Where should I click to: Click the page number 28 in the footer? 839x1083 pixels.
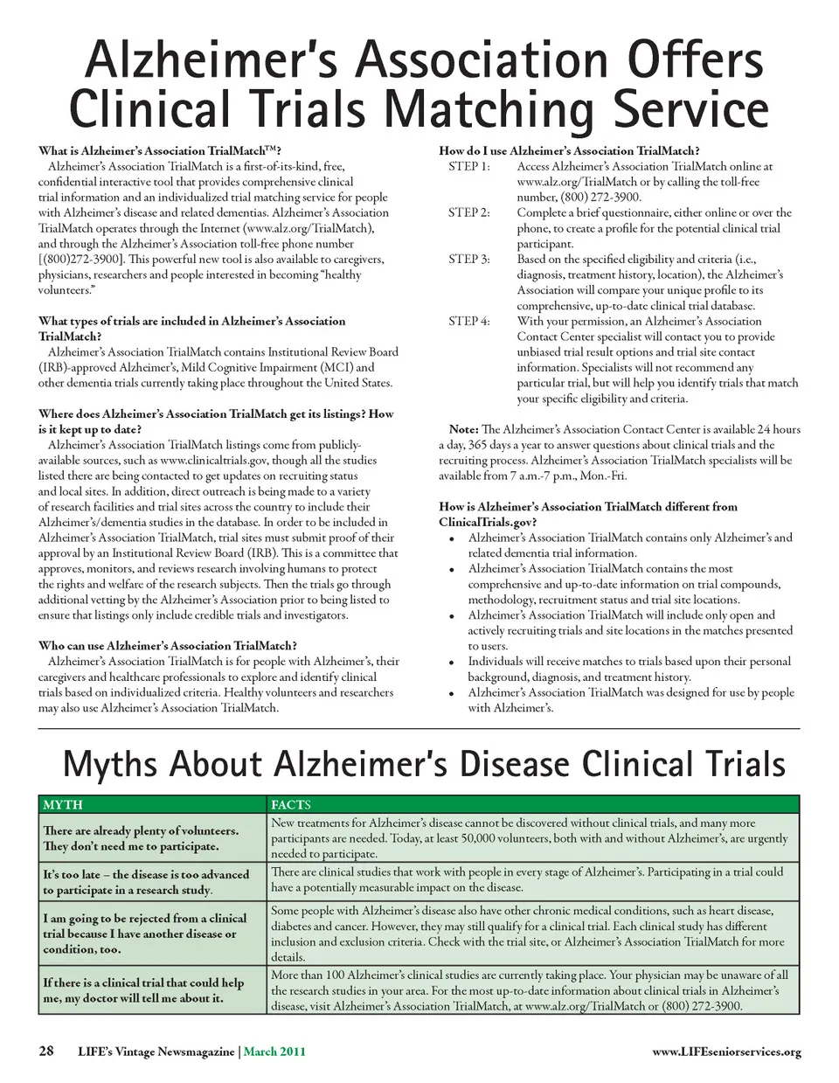46,1052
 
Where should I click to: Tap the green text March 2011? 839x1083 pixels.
274,1052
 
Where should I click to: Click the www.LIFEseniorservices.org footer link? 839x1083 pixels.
726,1052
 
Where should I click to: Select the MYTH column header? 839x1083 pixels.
63,804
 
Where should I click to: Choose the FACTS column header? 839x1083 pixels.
290,804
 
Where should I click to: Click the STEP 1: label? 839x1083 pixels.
469,166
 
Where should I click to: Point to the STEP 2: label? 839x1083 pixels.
469,212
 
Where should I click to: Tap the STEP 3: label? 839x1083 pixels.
469,259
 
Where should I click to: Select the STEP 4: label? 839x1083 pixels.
469,321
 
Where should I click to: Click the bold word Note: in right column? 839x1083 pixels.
463,429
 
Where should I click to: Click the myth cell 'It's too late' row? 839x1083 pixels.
146,882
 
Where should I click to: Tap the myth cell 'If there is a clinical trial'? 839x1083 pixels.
143,989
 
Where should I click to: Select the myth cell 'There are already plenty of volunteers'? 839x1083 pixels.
141,838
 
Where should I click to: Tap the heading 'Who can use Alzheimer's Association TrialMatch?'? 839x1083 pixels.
168,646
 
